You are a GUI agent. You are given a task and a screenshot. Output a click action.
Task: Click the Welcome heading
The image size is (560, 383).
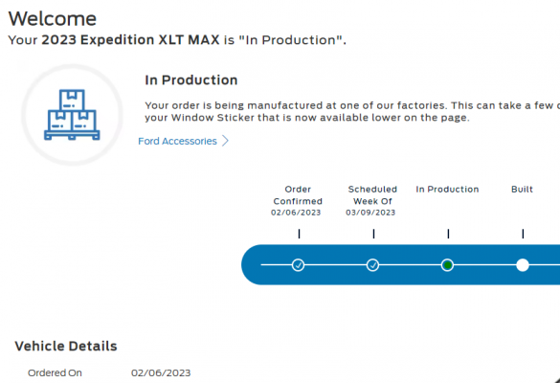click(53, 18)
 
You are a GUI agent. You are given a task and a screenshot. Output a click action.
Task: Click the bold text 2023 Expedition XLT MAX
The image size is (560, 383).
click(130, 39)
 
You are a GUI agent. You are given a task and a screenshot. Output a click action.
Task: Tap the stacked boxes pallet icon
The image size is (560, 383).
click(72, 114)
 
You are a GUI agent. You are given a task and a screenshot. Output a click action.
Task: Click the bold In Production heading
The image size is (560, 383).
click(191, 80)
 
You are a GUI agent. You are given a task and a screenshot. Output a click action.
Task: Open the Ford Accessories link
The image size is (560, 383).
click(177, 141)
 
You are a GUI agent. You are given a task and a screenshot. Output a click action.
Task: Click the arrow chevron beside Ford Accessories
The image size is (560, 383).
click(225, 141)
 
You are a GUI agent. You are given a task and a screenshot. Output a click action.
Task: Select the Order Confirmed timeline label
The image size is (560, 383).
click(298, 195)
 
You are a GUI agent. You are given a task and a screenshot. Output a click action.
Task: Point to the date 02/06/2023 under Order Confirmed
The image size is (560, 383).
click(296, 213)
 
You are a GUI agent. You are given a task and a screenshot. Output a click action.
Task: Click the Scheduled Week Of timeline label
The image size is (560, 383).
click(372, 195)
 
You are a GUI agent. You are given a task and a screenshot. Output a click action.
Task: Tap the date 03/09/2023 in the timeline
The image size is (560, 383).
click(370, 213)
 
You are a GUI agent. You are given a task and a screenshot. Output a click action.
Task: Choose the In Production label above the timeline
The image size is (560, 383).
click(447, 190)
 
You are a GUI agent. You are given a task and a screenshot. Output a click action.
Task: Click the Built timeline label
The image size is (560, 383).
click(522, 190)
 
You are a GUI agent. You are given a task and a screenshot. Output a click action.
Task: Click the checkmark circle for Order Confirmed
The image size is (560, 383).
click(299, 265)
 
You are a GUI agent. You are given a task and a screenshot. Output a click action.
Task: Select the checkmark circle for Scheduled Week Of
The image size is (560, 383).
click(373, 265)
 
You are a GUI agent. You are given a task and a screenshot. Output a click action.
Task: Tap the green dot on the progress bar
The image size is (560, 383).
click(447, 265)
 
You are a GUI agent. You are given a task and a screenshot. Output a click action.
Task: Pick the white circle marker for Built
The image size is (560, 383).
click(523, 265)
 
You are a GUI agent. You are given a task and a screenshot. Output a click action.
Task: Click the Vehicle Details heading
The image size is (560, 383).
click(66, 347)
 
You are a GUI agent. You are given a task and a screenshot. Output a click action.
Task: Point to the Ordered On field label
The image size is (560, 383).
click(55, 373)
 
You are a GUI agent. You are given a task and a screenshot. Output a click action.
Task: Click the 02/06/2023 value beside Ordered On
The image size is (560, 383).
click(161, 373)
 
